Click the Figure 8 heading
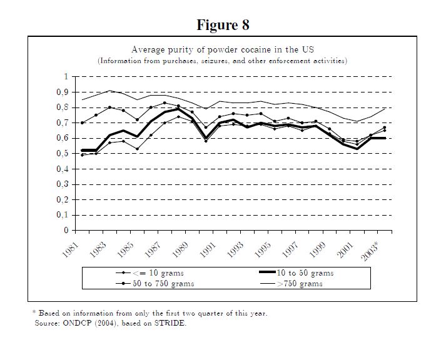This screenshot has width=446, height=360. coord(223,25)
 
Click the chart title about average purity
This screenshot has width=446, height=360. coord(222,49)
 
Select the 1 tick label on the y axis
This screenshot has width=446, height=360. coord(64,77)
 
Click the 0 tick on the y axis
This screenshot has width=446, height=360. coord(64,231)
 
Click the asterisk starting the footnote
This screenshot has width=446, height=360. coord(34,312)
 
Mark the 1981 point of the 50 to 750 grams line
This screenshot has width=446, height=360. coord(82,123)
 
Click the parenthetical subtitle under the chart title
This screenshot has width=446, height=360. coord(222,61)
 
